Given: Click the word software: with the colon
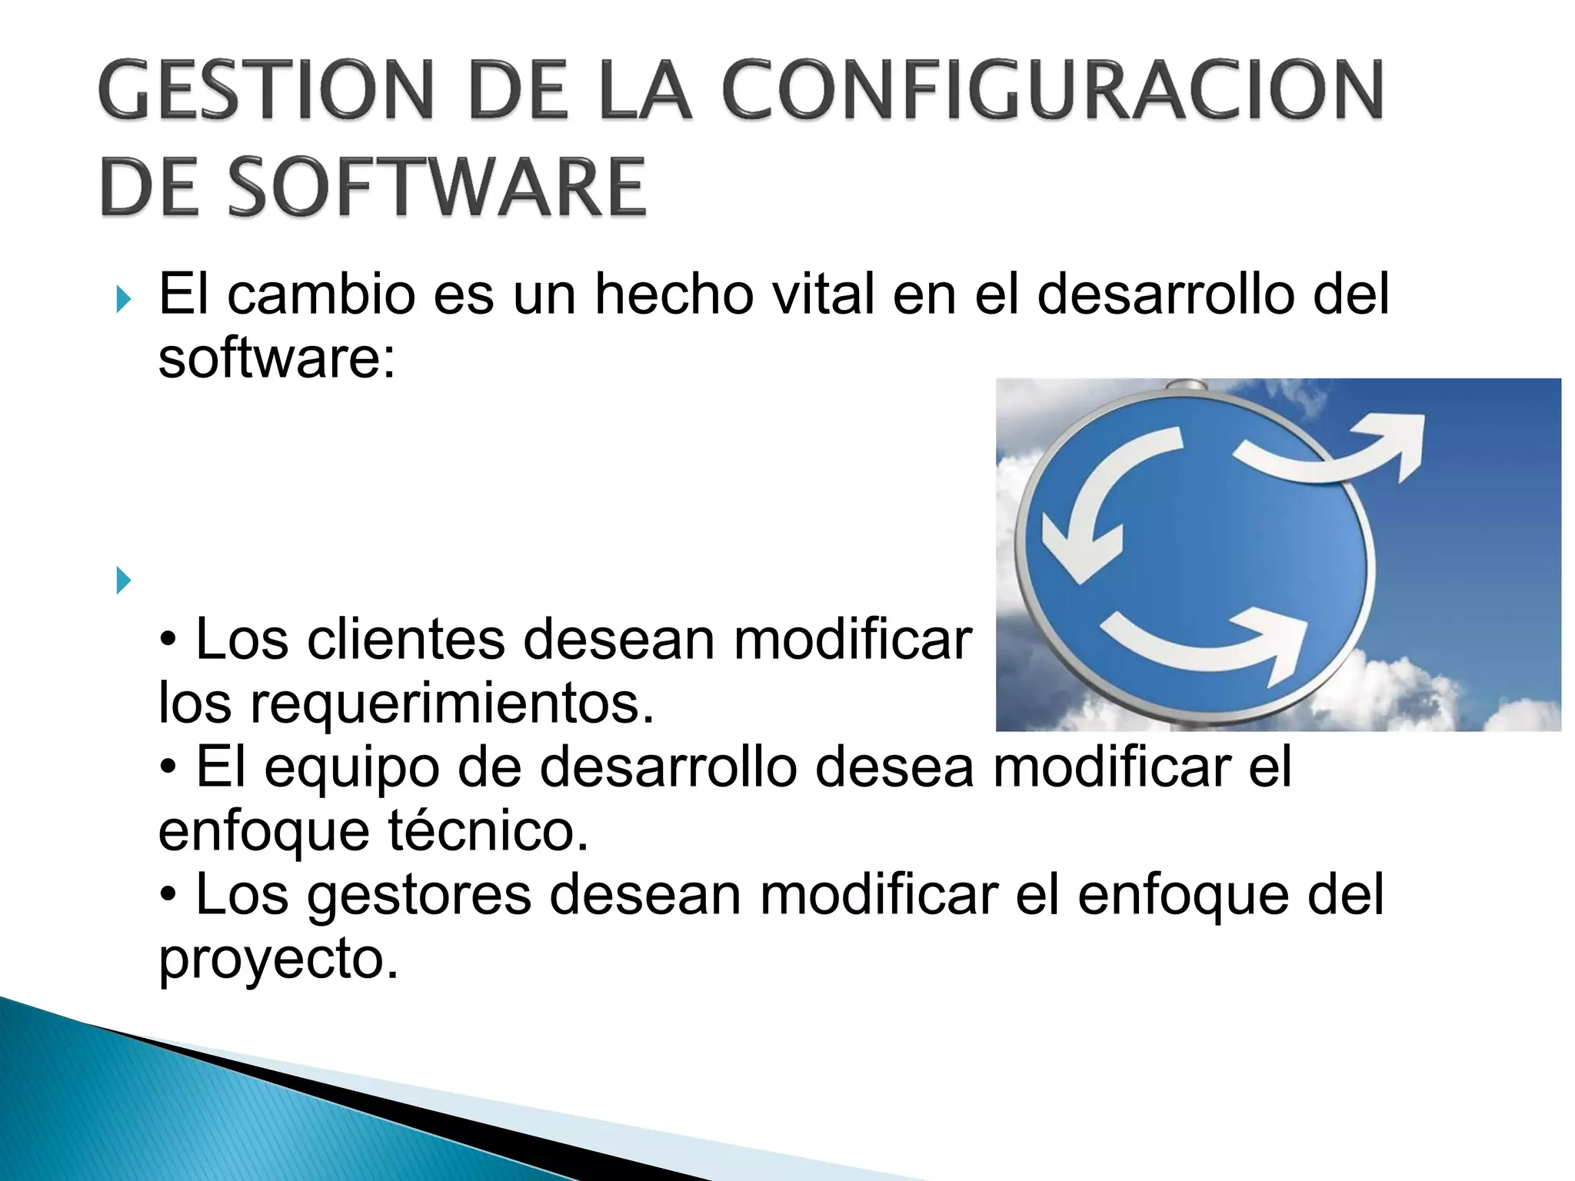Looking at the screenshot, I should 277,359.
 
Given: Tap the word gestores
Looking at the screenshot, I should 418,895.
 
